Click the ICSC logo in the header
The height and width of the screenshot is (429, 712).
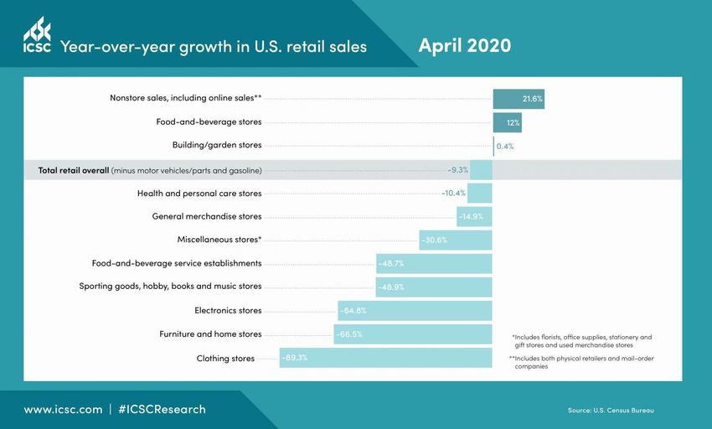[x=37, y=36]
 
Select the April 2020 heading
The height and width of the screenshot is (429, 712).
[x=464, y=44]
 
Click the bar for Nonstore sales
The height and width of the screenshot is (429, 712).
[x=519, y=99]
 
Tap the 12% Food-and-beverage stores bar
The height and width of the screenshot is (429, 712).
[x=508, y=122]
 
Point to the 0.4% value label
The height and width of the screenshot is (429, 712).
[x=505, y=146]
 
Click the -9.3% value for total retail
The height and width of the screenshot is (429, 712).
[x=457, y=169]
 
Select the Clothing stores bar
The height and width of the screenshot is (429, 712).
[x=385, y=358]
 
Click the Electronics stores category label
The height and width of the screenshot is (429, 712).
[x=228, y=311]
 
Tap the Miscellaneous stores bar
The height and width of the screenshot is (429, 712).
[x=456, y=240]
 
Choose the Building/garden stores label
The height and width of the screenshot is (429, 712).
[x=217, y=145]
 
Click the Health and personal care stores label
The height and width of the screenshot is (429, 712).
[x=199, y=194]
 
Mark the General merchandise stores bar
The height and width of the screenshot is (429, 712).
[x=474, y=217]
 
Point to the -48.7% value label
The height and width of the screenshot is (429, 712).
[x=391, y=264]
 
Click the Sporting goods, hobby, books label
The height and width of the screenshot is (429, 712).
[x=170, y=287]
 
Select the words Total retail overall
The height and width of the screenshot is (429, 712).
[x=74, y=171]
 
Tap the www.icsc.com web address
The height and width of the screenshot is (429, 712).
[x=63, y=410]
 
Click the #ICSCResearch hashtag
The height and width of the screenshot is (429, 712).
[x=162, y=410]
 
